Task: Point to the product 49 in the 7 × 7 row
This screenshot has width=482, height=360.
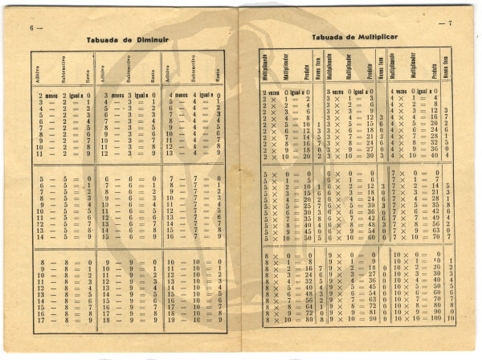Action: click(435, 216)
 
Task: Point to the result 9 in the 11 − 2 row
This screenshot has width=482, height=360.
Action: click(88, 153)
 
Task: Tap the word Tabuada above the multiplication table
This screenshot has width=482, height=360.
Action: click(332, 37)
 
